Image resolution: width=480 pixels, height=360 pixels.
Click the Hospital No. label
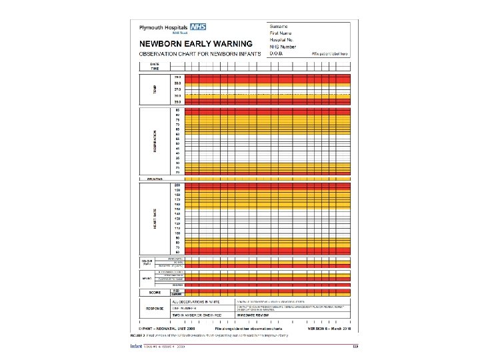[283, 39]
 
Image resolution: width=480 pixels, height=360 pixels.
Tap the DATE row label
[154, 64]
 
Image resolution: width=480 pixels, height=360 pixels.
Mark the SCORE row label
[155, 292]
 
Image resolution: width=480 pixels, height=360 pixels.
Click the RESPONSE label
[155, 309]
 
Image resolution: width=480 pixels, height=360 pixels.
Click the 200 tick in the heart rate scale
[177, 184]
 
